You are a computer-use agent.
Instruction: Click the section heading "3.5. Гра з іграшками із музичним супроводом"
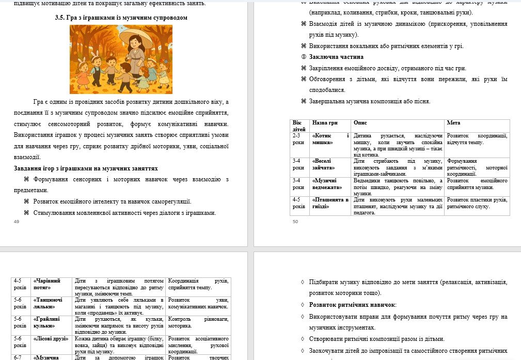coord(121,18)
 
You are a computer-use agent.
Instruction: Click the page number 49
coord(17,222)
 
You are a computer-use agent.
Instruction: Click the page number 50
coord(295,222)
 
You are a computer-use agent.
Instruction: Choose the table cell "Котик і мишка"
coord(330,139)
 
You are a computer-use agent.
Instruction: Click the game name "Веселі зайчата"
coord(323,164)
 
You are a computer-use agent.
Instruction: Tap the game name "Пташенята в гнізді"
coord(330,203)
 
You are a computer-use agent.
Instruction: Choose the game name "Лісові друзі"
coord(52,338)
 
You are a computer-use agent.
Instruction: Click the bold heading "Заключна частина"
coord(336,57)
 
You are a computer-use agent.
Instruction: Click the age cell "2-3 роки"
coord(299,139)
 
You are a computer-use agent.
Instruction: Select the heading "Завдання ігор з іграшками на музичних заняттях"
coord(86,168)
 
